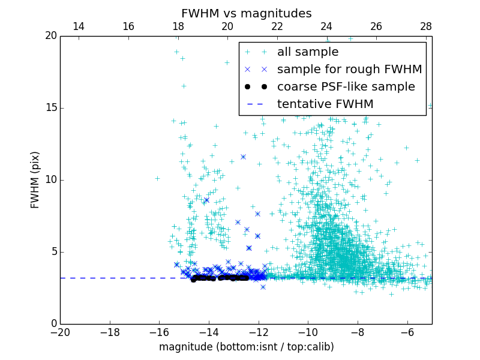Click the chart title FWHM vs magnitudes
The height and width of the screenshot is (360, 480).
pyautogui.click(x=246, y=13)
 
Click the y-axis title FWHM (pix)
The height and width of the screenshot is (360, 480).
pyautogui.click(x=35, y=179)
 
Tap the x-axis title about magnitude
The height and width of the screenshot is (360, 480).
pyautogui.click(x=246, y=347)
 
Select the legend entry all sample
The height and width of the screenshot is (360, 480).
pyautogui.click(x=308, y=52)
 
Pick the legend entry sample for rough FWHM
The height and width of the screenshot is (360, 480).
pyautogui.click(x=349, y=70)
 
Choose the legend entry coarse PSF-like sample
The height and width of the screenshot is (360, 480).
pyautogui.click(x=346, y=87)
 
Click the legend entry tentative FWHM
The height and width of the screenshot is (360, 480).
pyautogui.click(x=325, y=104)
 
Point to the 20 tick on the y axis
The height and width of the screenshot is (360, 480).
pyautogui.click(x=50, y=36)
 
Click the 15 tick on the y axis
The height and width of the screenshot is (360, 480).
pyautogui.click(x=50, y=108)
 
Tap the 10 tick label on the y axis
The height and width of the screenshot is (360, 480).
pyautogui.click(x=50, y=180)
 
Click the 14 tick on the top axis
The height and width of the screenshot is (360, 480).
pyautogui.click(x=78, y=26)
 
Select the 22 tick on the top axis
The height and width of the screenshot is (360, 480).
pyautogui.click(x=277, y=26)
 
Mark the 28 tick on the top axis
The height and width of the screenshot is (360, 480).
pyautogui.click(x=425, y=26)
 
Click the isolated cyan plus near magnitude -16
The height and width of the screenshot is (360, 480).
pyautogui.click(x=157, y=178)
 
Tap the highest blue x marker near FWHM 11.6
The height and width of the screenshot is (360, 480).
pyautogui.click(x=243, y=157)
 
